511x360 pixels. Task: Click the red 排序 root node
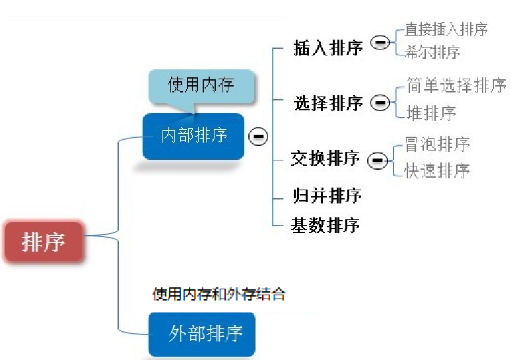44,242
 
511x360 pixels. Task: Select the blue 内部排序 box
193,135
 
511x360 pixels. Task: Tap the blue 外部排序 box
201,334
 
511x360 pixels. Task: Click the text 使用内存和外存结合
219,294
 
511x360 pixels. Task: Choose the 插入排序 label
328,48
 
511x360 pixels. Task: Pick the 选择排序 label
328,104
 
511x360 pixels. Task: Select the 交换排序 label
325,159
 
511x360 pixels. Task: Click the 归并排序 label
327,196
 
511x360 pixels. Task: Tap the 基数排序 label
325,225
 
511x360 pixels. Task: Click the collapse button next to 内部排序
257,136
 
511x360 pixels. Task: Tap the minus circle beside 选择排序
380,102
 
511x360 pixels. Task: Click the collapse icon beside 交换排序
377,161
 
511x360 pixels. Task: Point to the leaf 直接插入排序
446,30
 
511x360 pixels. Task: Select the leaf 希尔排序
432,52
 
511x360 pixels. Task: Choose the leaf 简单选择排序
456,86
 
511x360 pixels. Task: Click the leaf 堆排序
431,113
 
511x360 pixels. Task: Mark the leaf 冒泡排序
438,144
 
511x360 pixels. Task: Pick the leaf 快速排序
438,170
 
